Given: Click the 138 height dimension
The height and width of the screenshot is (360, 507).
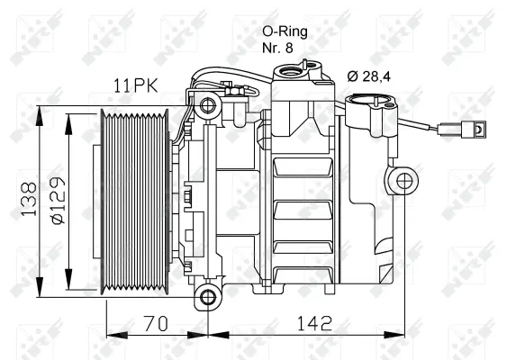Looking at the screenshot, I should (x=29, y=200).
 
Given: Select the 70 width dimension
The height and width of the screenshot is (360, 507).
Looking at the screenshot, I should (x=157, y=321).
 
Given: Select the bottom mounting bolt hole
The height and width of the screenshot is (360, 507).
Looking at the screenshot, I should (x=208, y=296).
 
